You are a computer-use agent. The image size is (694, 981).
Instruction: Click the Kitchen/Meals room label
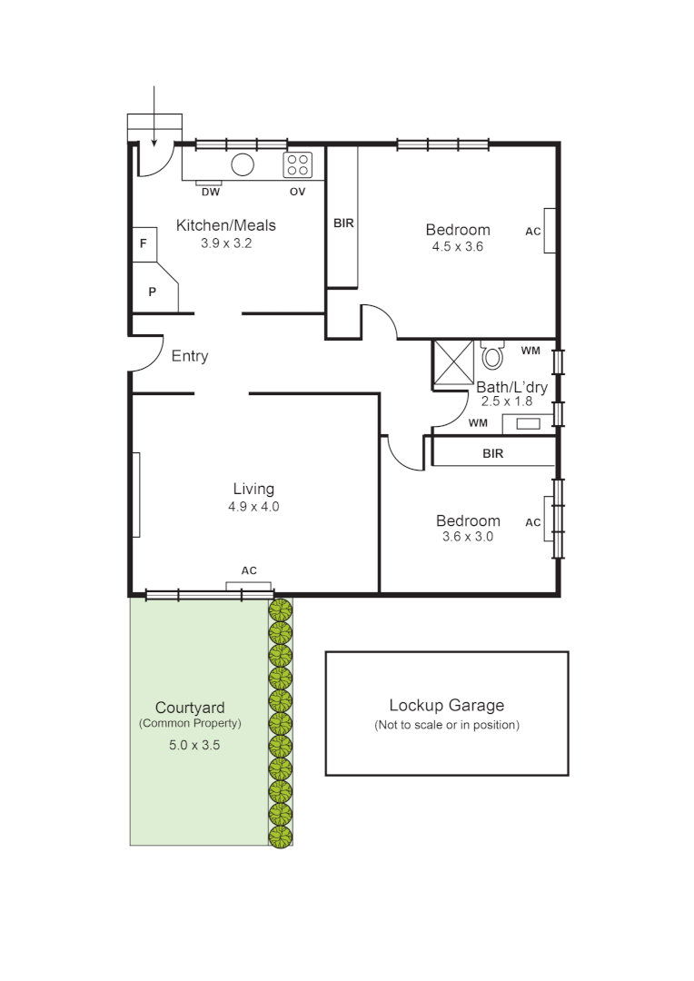[x=225, y=225]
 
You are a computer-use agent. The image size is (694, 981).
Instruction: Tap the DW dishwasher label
[x=210, y=192]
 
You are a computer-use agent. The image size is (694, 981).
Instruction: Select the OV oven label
[x=297, y=192]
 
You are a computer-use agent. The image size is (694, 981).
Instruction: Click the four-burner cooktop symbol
[x=298, y=164]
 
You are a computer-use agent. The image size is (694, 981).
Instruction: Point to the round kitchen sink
[x=243, y=164]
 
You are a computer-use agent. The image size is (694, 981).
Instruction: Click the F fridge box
[x=144, y=244]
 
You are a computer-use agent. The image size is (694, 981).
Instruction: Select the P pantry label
[x=152, y=292]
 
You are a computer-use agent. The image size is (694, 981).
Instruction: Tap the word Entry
[x=190, y=356]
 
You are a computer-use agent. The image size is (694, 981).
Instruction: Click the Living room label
[x=253, y=490]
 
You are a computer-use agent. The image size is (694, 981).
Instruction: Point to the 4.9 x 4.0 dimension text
[x=253, y=507]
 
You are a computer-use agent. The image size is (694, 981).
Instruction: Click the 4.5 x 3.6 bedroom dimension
[x=458, y=246]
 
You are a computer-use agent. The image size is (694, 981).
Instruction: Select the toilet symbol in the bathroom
[x=492, y=354]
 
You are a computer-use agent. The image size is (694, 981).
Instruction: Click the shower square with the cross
[x=453, y=362]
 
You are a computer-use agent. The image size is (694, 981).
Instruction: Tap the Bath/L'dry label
[x=512, y=387]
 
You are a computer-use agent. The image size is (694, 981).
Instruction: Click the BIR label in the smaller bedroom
[x=493, y=453]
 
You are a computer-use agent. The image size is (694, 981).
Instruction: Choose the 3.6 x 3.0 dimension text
[x=468, y=537]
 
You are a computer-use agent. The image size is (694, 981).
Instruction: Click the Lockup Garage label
[x=446, y=705]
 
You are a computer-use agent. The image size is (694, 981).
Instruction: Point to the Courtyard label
[x=190, y=708]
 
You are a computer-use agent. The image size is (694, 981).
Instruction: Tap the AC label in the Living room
[x=249, y=570]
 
